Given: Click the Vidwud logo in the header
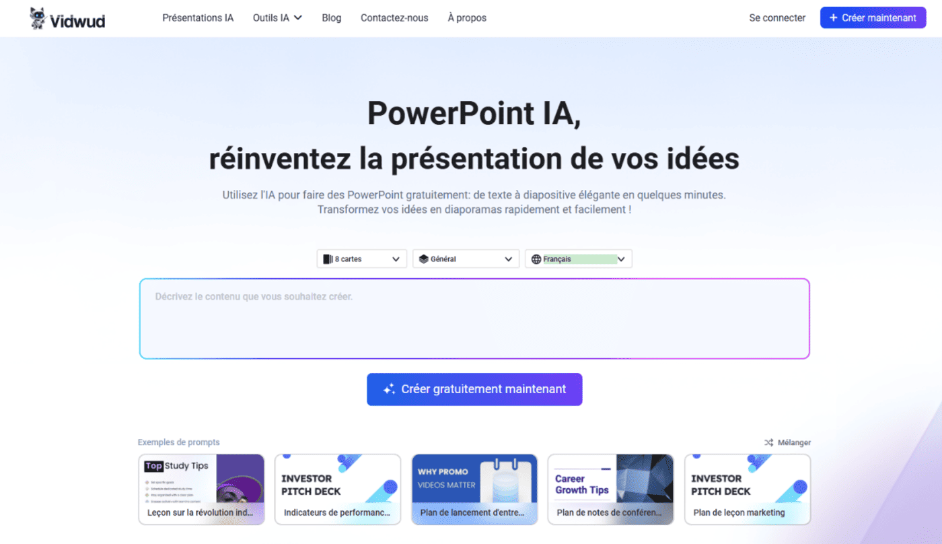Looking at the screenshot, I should (x=67, y=19).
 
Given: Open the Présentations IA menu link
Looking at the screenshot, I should (x=198, y=18).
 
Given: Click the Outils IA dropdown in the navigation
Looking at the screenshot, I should (x=277, y=18).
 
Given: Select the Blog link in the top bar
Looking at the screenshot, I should (x=332, y=18).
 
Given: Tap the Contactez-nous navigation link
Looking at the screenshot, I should (x=394, y=18).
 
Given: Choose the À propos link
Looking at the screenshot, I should (x=467, y=18).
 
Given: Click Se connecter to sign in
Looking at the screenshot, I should (x=777, y=18).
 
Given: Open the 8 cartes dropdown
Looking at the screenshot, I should (x=362, y=259).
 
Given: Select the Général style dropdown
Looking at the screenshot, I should (x=466, y=259).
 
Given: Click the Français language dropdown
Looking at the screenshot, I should (x=579, y=259).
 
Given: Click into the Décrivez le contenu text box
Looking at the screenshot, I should (x=474, y=318).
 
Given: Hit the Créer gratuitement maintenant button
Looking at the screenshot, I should (x=474, y=389).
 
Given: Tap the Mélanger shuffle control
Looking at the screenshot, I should (x=787, y=442).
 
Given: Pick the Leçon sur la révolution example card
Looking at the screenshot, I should (x=201, y=489).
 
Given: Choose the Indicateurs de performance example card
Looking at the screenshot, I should (x=338, y=489).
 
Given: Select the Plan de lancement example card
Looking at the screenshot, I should (x=474, y=489).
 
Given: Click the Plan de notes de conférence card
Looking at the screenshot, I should (x=611, y=489).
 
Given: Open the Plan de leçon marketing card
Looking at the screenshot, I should (x=748, y=489).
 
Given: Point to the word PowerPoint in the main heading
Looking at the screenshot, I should (x=441, y=114).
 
